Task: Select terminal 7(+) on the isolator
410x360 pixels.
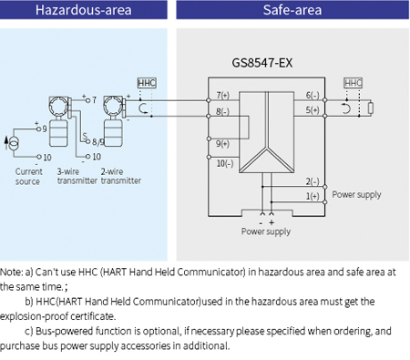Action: [223, 96]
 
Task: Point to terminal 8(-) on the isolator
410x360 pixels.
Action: [223, 112]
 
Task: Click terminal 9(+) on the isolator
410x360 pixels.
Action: [223, 143]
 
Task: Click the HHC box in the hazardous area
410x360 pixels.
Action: [147, 83]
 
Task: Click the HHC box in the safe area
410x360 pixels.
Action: [353, 83]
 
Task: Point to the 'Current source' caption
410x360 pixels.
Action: [28, 175]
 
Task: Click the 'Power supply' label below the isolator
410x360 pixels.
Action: [266, 232]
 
